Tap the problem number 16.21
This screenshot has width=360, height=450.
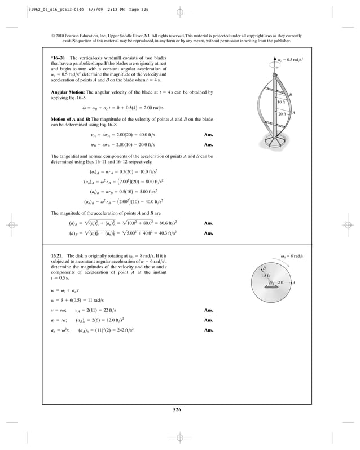point(58,256)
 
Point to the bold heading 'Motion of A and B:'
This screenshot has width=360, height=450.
point(71,120)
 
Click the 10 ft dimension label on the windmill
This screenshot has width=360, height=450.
point(281,102)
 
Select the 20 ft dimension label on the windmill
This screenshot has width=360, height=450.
point(282,114)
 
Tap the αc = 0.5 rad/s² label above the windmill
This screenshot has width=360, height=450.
point(291,59)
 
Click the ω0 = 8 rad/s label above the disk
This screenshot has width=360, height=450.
point(292,257)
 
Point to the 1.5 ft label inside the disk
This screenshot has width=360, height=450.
point(265,275)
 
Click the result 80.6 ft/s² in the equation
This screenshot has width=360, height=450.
point(166,223)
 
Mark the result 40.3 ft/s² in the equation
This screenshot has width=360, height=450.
point(165,233)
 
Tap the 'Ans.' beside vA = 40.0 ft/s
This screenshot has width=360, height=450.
point(208,135)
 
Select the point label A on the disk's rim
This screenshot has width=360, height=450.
point(295,283)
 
